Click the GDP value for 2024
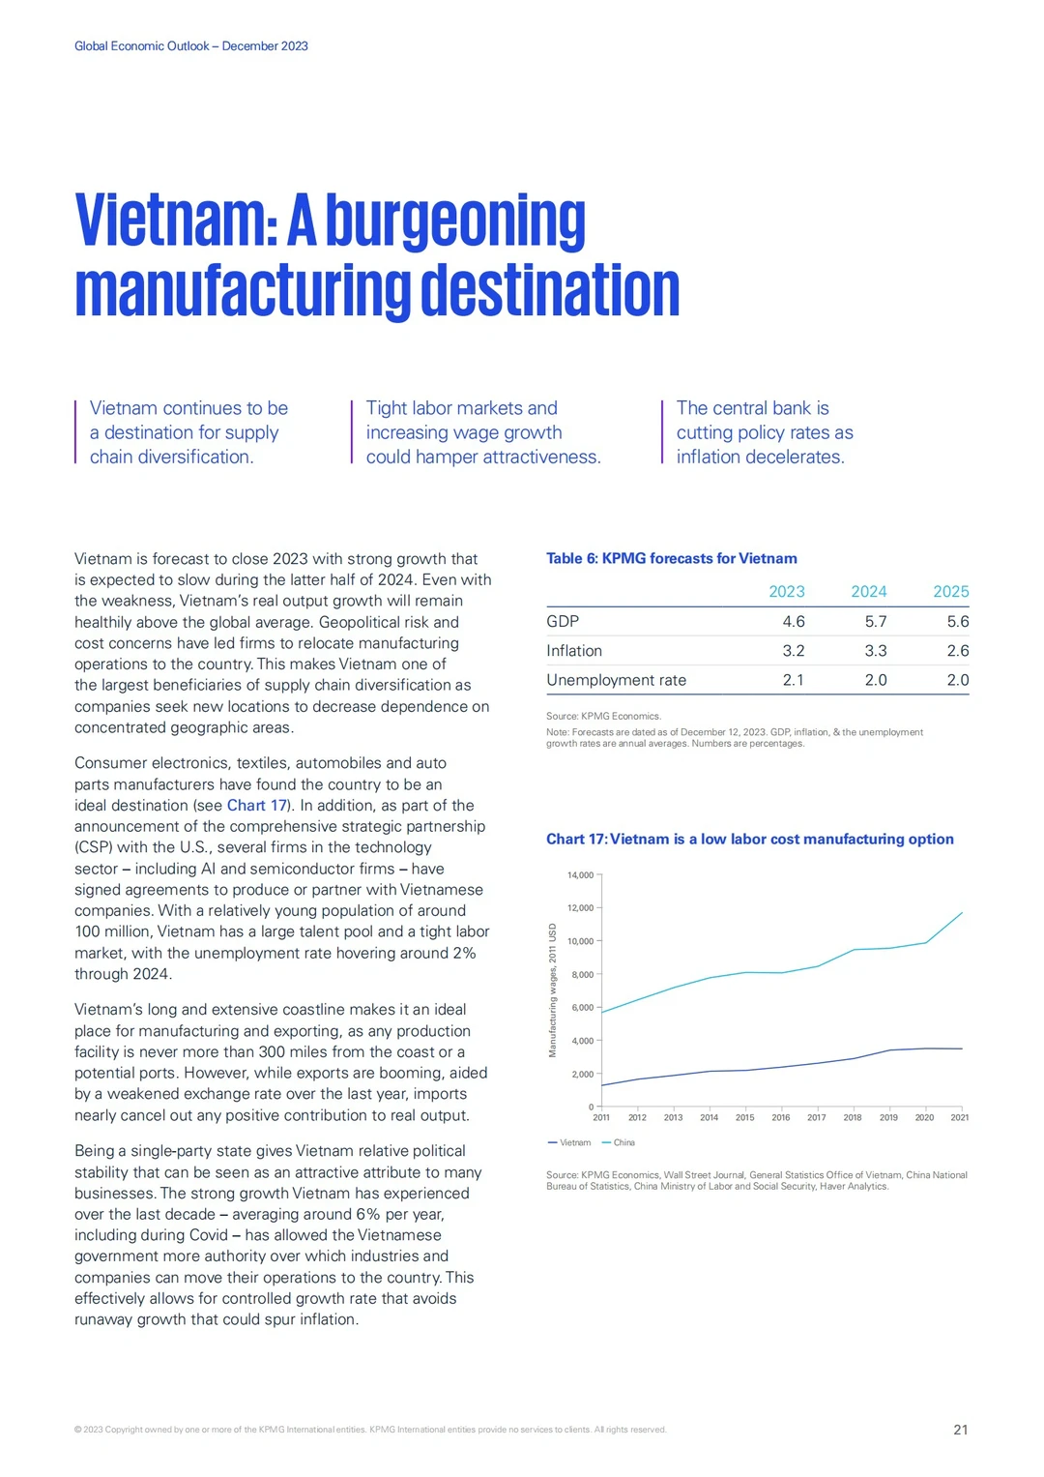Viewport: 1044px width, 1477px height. pyautogui.click(x=875, y=621)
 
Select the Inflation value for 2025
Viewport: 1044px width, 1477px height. pyautogui.click(x=958, y=651)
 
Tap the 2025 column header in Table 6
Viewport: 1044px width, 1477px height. pyautogui.click(x=950, y=591)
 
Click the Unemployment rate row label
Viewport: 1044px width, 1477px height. pyautogui.click(x=616, y=681)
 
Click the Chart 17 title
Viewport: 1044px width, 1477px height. pyautogui.click(x=749, y=839)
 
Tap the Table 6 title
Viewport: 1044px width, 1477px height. pyautogui.click(x=671, y=558)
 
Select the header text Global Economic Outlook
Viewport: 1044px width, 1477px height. pyautogui.click(x=142, y=46)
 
